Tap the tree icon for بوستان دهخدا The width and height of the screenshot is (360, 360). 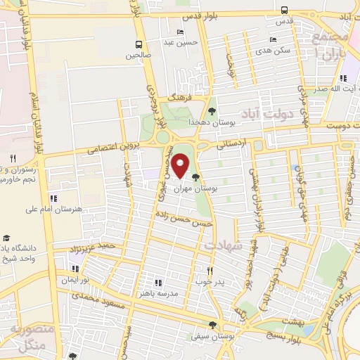click(212, 110)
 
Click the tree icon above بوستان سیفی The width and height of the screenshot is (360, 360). click(212, 325)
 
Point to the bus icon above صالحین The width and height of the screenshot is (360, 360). click(139, 42)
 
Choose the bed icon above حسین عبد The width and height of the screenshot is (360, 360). click(181, 32)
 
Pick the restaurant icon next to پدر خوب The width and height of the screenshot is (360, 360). click(210, 270)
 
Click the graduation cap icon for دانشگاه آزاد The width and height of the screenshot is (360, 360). click(6, 238)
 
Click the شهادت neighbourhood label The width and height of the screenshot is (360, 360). click(224, 246)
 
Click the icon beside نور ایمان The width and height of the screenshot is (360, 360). click(74, 268)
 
